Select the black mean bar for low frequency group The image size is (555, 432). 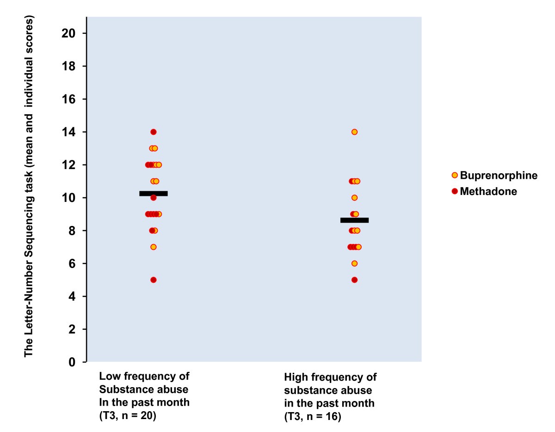(x=154, y=194)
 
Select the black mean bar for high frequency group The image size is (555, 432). (x=354, y=220)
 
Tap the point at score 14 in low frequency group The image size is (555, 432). (x=154, y=132)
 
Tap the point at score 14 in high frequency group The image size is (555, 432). (x=354, y=132)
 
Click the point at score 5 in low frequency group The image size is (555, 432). (x=154, y=280)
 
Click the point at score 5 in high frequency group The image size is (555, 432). (x=354, y=280)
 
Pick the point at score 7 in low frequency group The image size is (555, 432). (x=154, y=247)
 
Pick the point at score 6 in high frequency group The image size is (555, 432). (x=354, y=263)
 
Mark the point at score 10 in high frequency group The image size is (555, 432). (x=354, y=198)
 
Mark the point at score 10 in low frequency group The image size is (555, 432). (x=154, y=198)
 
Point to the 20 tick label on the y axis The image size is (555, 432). (x=69, y=34)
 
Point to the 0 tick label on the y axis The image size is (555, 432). (x=72, y=362)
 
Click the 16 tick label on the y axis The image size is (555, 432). (x=69, y=99)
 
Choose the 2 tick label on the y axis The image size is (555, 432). (x=72, y=329)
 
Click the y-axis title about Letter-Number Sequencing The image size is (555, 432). (x=29, y=187)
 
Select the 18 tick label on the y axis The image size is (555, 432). (x=69, y=67)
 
